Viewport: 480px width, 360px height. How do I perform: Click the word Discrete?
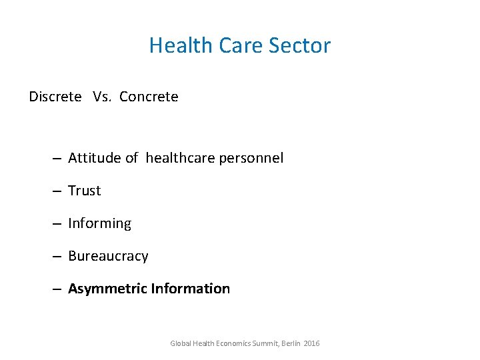55,97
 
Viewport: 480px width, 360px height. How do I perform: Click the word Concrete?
149,97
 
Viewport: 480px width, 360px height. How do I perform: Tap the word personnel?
252,158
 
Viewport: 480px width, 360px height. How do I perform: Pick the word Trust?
85,191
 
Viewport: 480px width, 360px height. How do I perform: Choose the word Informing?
100,223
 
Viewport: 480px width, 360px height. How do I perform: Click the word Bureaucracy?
108,256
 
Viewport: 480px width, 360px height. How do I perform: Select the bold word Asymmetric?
107,289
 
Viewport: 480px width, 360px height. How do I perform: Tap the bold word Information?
191,289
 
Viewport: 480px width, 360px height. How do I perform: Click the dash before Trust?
57,191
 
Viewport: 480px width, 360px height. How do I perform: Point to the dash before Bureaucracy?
57,257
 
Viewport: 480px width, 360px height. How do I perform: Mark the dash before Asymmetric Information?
57,289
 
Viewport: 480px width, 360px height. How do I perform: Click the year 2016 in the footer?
311,343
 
